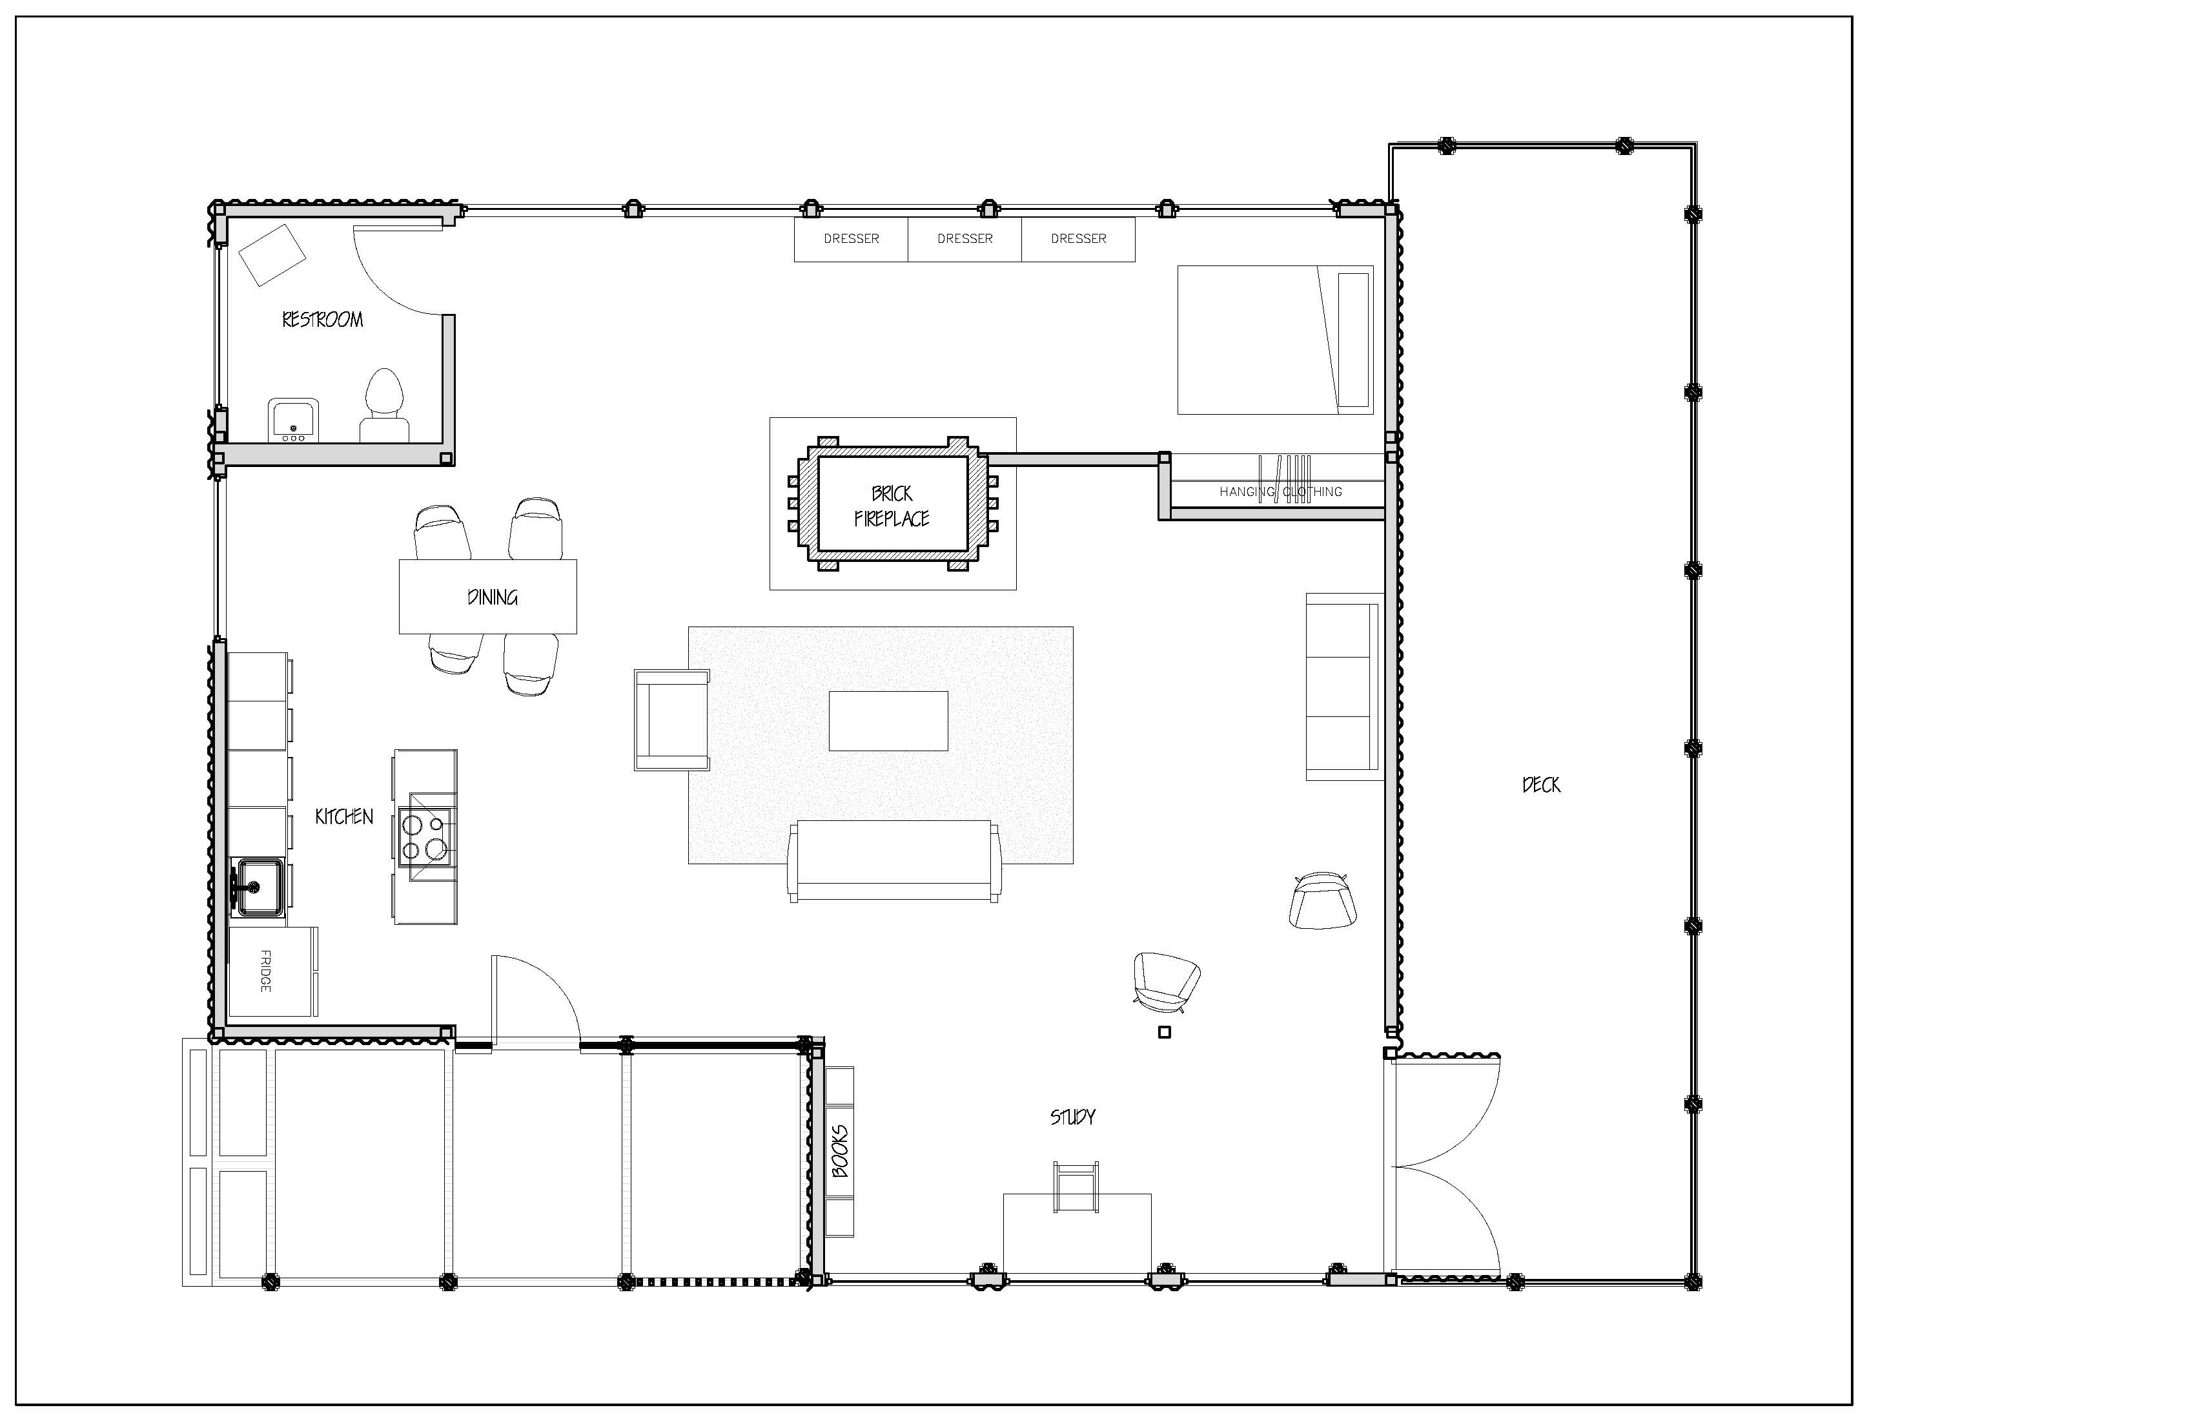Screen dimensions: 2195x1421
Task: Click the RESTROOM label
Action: (322, 320)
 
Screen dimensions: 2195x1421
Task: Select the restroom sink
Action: (293, 420)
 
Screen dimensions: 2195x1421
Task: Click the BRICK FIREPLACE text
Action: (892, 506)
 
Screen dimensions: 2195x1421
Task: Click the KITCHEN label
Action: (344, 816)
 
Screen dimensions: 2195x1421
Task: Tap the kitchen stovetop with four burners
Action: (427, 837)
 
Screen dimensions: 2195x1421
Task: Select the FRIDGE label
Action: (265, 971)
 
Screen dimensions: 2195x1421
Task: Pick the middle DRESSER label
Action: (965, 239)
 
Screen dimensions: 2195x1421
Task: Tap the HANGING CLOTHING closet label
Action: (1281, 492)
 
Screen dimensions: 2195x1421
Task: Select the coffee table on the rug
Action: (888, 721)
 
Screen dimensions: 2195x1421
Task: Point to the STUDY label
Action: (1072, 1117)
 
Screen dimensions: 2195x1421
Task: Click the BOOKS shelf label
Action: (839, 1150)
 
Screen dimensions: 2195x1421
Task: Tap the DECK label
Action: (1541, 785)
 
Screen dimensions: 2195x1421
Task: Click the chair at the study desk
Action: (1076, 1187)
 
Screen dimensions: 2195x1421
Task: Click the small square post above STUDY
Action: (1164, 1033)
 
